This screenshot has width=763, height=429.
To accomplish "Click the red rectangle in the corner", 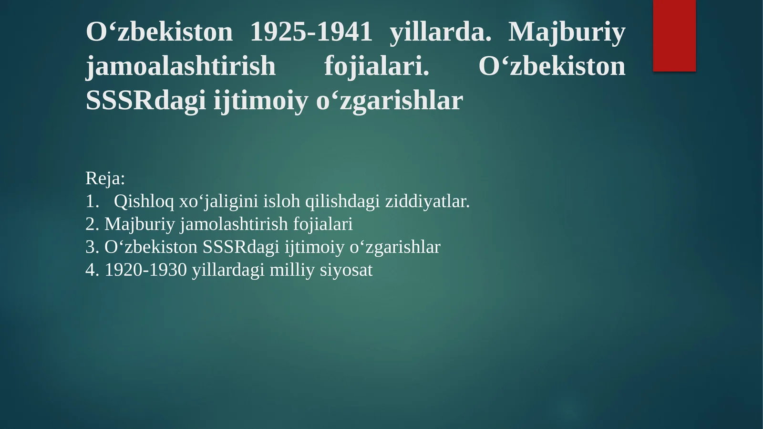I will (x=674, y=35).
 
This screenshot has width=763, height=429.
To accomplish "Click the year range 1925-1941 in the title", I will (x=311, y=32).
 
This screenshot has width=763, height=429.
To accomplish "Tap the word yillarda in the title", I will (x=440, y=32).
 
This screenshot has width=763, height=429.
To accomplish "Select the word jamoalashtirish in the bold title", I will (x=181, y=66).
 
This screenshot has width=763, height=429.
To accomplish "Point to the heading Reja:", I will (x=105, y=178).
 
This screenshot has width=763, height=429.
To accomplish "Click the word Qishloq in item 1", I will (x=144, y=201).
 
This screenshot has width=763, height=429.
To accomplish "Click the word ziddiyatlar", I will (x=427, y=201).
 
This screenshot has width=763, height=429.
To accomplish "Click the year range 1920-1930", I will (x=145, y=270).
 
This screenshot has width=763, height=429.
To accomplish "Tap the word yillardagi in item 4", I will (x=228, y=270).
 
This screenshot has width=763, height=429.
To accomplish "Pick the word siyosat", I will (x=346, y=270).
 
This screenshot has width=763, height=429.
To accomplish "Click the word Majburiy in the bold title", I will (x=567, y=32).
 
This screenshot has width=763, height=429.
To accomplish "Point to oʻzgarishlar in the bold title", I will (x=389, y=100).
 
